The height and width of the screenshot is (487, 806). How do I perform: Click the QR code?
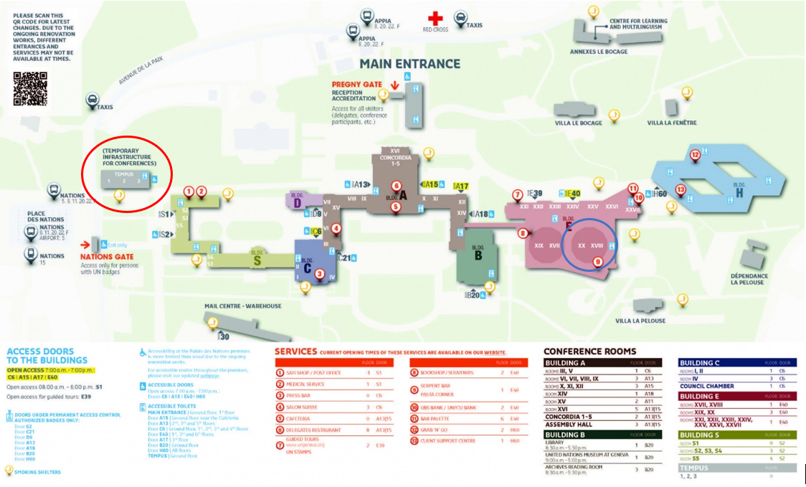click(30, 89)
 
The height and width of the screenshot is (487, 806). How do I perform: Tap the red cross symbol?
click(435, 17)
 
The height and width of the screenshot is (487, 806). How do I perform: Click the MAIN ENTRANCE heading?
click(409, 64)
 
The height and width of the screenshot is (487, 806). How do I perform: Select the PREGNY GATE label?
click(356, 84)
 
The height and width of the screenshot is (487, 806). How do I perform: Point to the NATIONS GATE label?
click(106, 256)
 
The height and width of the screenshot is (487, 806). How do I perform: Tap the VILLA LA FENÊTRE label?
click(671, 123)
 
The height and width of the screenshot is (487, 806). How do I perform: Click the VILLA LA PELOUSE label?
click(640, 321)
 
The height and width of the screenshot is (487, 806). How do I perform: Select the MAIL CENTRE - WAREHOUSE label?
click(242, 306)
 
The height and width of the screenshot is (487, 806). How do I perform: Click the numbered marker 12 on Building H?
click(694, 155)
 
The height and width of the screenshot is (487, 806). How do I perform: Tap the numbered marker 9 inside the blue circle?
click(597, 263)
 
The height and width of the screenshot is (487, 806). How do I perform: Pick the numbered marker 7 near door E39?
click(517, 194)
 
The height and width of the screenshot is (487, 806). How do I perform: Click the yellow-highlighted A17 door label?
click(461, 186)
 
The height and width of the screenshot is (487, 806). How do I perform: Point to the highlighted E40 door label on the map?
click(572, 194)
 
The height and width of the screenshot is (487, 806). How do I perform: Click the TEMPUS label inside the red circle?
click(123, 174)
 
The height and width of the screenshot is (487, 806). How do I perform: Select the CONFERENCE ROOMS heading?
click(589, 351)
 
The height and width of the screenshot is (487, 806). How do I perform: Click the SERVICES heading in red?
click(295, 351)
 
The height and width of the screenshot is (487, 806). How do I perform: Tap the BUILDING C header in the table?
click(700, 363)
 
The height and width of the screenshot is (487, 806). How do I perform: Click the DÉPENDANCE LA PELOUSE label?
click(749, 279)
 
